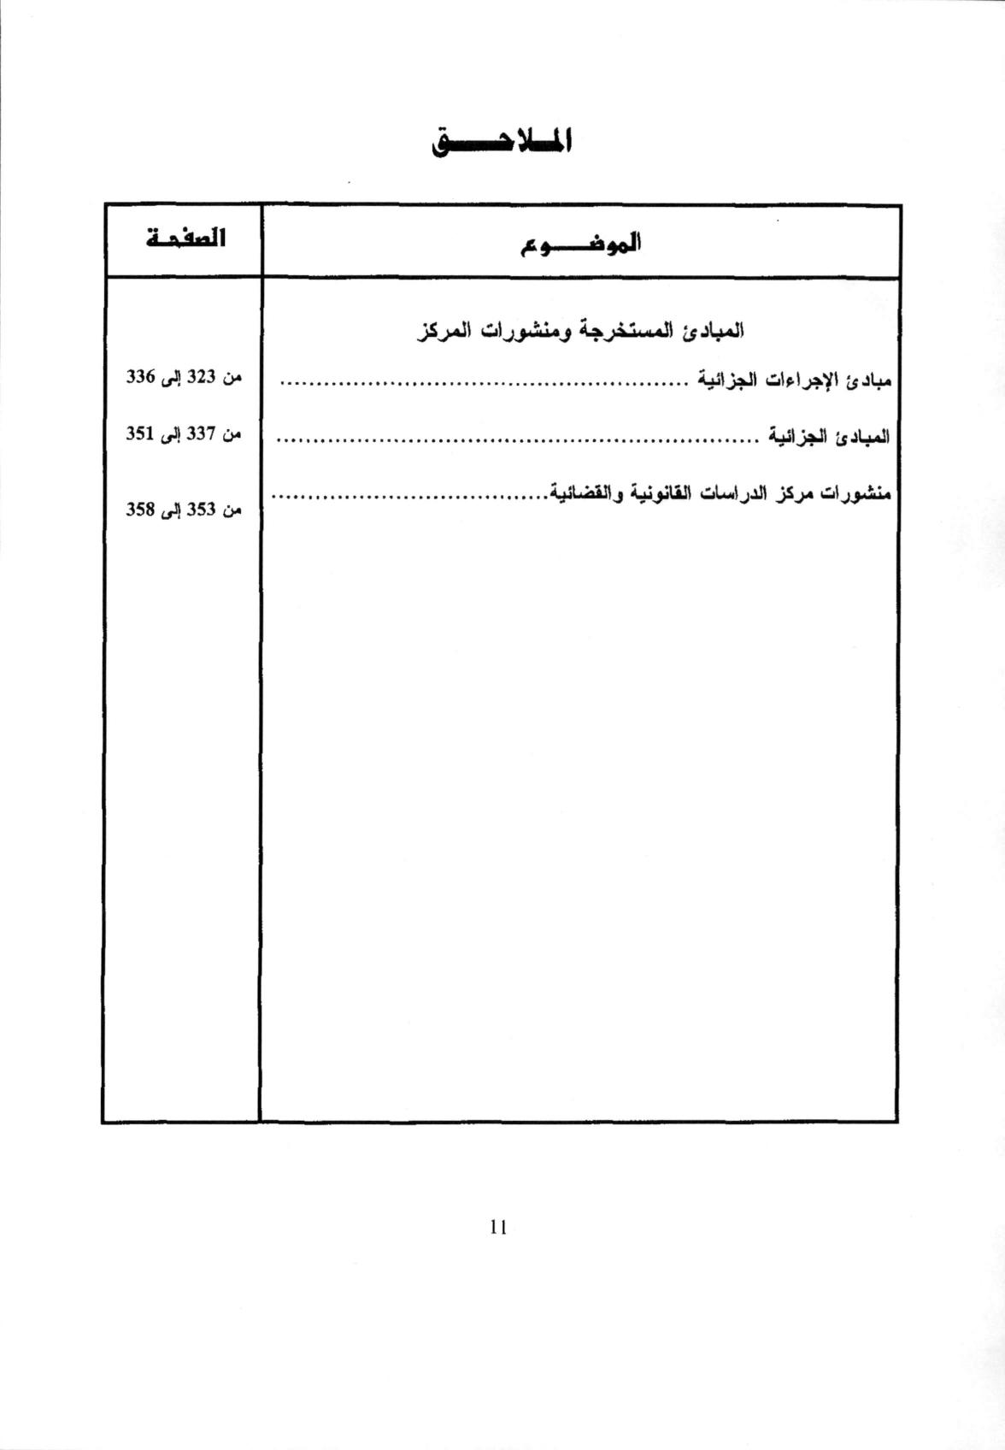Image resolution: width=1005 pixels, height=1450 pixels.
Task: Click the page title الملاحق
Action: tap(502, 142)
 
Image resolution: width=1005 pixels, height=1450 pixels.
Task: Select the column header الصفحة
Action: tap(185, 239)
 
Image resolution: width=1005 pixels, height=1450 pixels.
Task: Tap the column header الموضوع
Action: tap(581, 244)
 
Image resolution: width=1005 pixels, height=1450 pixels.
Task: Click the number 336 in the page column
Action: tap(139, 377)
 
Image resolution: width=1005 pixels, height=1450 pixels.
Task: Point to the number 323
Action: tap(201, 377)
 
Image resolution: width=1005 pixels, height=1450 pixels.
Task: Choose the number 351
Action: tap(139, 433)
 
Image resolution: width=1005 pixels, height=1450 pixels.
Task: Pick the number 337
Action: tap(201, 433)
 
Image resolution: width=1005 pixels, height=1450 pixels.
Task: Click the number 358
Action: tap(139, 510)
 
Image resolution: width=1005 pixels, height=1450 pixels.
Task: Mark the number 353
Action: tap(201, 510)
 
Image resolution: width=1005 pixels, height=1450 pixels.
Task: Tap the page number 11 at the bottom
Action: tap(499, 1228)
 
